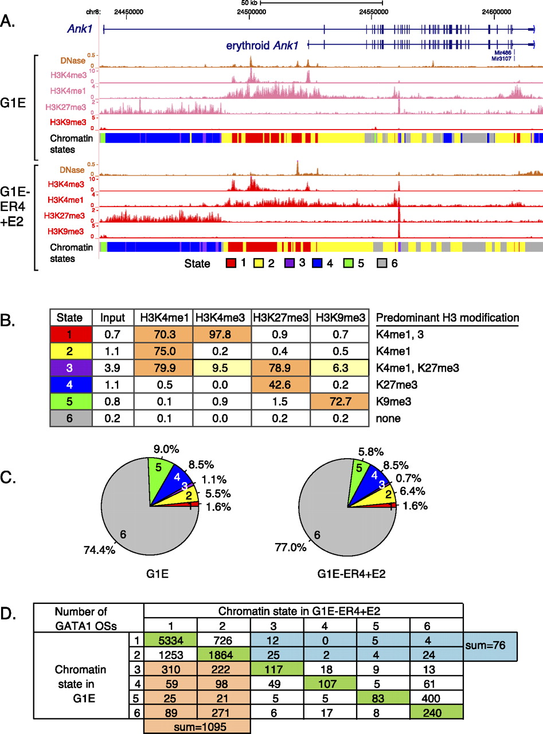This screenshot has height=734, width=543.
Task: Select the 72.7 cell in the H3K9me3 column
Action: pos(339,404)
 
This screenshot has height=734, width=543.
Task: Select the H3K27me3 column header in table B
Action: pos(280,318)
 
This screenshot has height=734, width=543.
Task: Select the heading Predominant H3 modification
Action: pos(447,318)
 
